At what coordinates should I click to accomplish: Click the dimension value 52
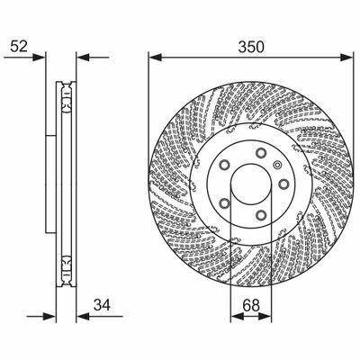click(19, 47)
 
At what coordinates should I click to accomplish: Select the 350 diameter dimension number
click(251, 47)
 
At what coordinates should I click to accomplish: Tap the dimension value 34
click(102, 305)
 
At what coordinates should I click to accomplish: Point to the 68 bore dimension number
click(251, 305)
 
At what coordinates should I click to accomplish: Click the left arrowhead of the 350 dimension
click(156, 57)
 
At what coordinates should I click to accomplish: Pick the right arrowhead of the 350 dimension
click(346, 57)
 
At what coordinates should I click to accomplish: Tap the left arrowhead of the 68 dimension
click(238, 316)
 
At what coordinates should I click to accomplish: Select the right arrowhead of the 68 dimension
click(265, 316)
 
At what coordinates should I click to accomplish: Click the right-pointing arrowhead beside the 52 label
click(39, 57)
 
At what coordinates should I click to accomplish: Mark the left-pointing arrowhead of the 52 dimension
click(83, 57)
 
